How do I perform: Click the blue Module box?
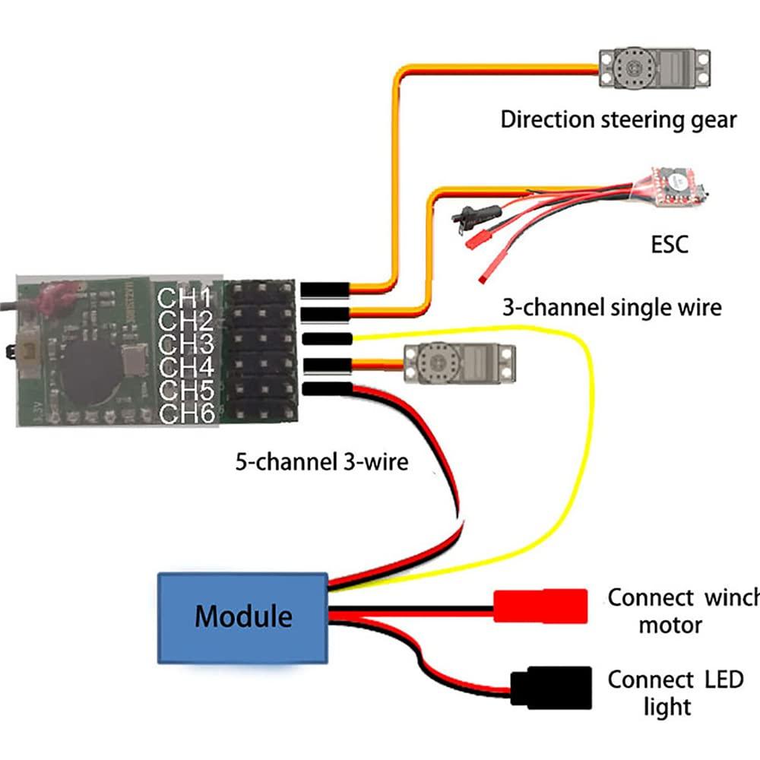click(x=243, y=616)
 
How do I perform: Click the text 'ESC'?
click(x=669, y=245)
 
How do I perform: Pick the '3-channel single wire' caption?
click(x=612, y=307)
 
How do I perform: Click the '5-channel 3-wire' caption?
click(x=321, y=461)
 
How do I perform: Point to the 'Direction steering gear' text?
click(x=618, y=119)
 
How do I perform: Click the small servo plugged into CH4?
click(x=459, y=364)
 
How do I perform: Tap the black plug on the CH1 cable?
click(x=325, y=290)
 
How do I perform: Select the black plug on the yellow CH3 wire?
click(x=326, y=338)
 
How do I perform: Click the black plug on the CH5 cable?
click(x=326, y=389)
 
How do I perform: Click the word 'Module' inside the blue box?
click(x=243, y=616)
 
